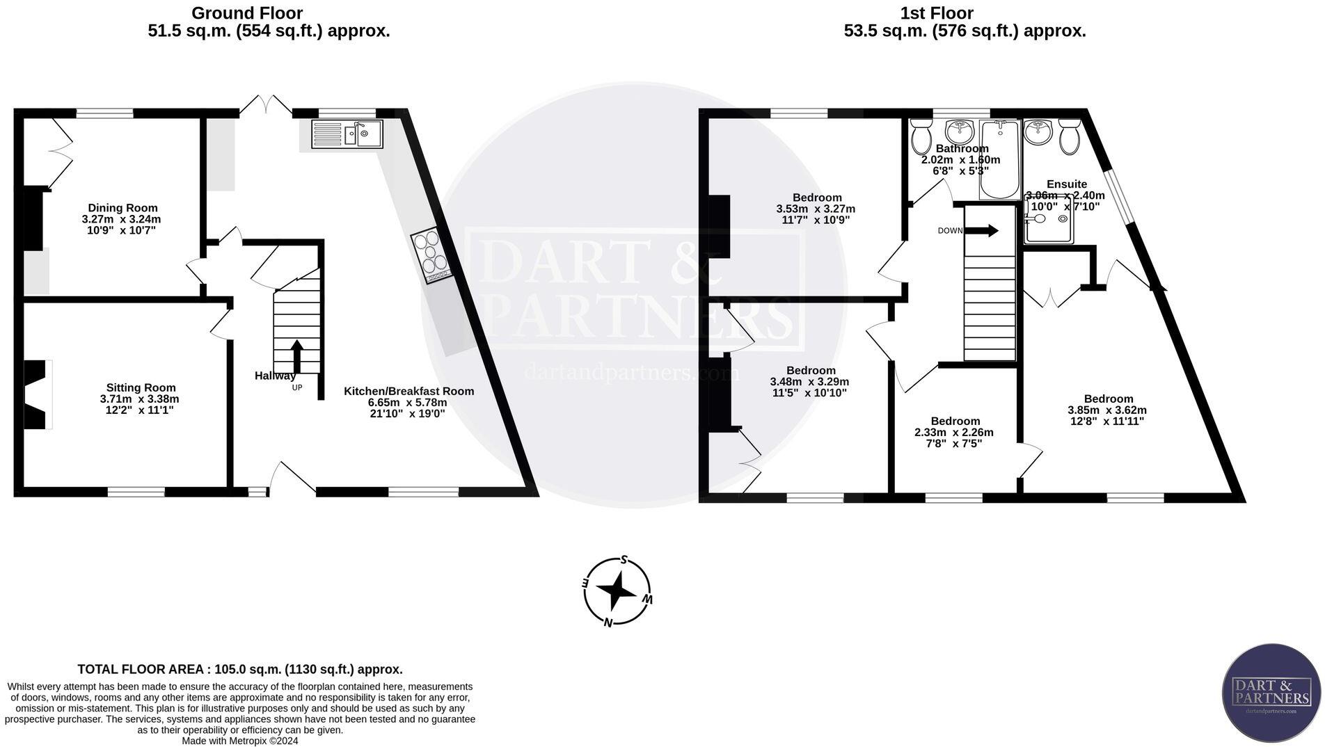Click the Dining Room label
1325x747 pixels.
pos(122,208)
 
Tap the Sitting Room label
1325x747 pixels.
pos(141,388)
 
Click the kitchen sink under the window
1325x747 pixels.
pos(347,134)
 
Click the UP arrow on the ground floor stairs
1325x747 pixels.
pos(296,357)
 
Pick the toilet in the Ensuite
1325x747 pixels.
pos(1070,136)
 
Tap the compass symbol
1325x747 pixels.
pos(617,592)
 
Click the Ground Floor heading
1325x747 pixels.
pos(247,13)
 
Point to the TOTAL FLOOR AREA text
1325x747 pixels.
pos(240,670)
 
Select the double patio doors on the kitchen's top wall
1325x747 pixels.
pos(266,104)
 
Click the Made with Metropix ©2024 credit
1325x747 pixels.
pos(240,741)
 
